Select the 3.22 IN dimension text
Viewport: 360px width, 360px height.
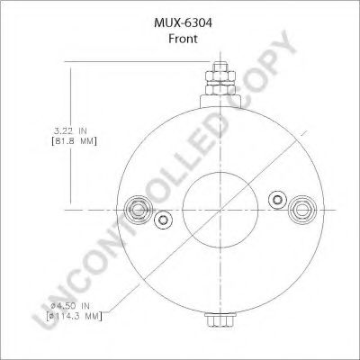(74, 130)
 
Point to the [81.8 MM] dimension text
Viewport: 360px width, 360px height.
(74, 141)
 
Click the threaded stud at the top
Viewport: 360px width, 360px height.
(219, 68)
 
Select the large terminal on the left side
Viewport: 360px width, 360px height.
(139, 211)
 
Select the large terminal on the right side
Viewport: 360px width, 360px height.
(300, 211)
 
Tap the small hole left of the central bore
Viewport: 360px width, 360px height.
(162, 221)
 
